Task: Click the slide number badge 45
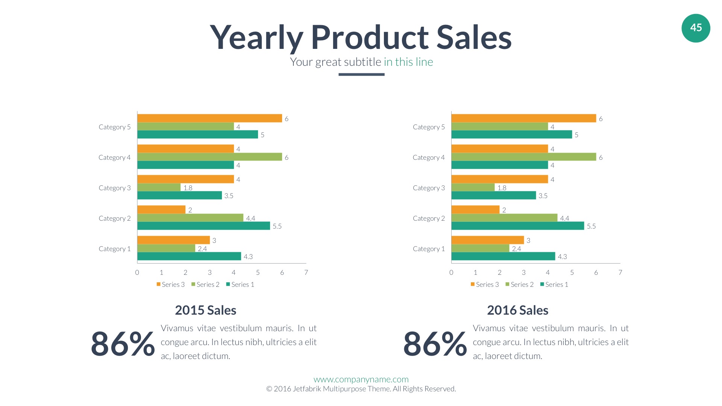(x=696, y=28)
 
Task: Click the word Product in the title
(x=370, y=38)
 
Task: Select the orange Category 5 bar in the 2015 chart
(x=209, y=118)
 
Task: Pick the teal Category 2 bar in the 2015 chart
(x=203, y=226)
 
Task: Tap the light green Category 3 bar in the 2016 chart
(x=473, y=187)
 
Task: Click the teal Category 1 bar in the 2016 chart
(x=503, y=256)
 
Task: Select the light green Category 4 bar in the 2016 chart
(x=523, y=157)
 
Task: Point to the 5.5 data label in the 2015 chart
(x=277, y=226)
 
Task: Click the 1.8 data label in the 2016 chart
(x=502, y=188)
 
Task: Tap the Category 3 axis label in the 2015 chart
(x=115, y=188)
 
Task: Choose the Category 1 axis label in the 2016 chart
(x=429, y=249)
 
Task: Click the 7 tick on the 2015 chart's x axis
(x=306, y=273)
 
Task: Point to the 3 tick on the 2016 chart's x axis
(x=523, y=273)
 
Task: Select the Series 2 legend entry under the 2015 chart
(x=205, y=285)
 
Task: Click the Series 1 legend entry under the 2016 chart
(x=554, y=285)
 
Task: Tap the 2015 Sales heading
(x=205, y=310)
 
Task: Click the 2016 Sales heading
(x=517, y=310)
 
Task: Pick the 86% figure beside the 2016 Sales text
(x=435, y=344)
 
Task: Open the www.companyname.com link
(x=361, y=379)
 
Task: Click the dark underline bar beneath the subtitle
(x=361, y=74)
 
